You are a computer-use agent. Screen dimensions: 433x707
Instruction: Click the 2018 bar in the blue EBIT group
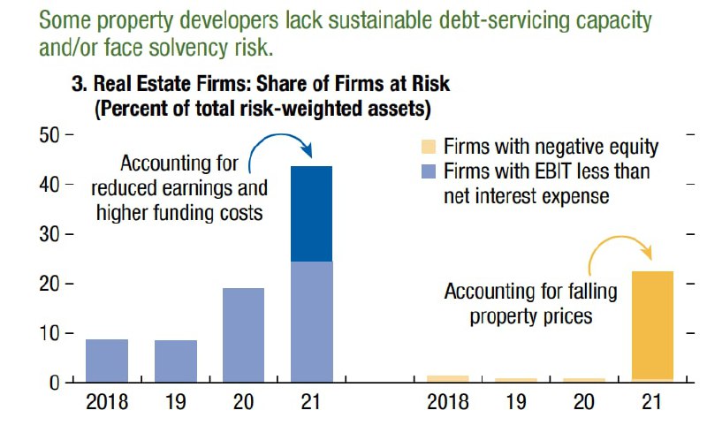(x=107, y=361)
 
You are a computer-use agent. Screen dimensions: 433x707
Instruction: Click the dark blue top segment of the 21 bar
(x=312, y=213)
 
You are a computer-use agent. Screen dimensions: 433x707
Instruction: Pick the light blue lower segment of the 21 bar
(x=312, y=322)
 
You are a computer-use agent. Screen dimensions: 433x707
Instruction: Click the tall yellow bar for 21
(x=653, y=325)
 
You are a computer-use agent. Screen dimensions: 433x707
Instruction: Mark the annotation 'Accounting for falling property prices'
(x=530, y=302)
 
